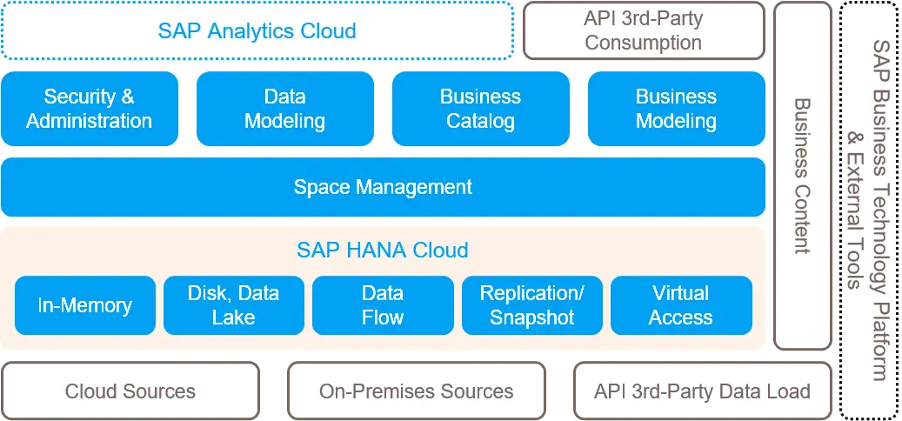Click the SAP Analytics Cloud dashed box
point(257,30)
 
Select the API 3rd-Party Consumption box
point(643,30)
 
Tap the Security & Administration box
point(90,109)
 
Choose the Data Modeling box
point(284,109)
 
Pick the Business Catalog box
point(480,109)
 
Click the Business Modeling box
point(676,109)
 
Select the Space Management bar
point(383,187)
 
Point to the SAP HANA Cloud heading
point(383,251)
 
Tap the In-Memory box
point(85,305)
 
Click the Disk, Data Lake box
point(234,305)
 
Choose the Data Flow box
point(383,305)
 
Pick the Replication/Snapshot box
point(532,305)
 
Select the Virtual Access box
point(681,305)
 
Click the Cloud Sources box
point(130,391)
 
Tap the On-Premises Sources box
point(417,391)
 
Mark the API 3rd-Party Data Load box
point(702,391)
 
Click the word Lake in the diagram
point(234,317)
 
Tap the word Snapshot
point(532,317)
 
